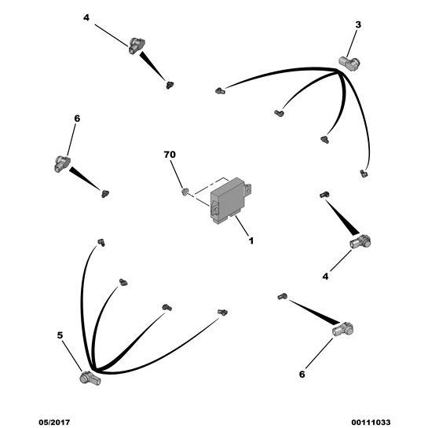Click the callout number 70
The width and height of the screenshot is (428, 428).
click(x=170, y=155)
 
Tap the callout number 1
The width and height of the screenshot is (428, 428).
click(x=251, y=241)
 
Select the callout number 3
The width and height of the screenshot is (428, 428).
click(x=358, y=25)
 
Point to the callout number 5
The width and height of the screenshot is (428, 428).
click(x=60, y=335)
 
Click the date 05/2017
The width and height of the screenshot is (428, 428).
click(x=54, y=423)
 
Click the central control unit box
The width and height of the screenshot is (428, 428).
click(x=230, y=200)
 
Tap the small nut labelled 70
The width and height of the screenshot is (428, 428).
click(x=185, y=192)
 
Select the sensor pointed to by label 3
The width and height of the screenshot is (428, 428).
click(x=349, y=64)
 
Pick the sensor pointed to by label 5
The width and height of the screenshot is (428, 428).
click(x=90, y=379)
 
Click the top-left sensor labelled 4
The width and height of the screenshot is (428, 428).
click(x=136, y=46)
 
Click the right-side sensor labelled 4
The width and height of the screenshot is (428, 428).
click(x=360, y=242)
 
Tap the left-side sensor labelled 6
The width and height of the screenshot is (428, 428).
click(x=62, y=163)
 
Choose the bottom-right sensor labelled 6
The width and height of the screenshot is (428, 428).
click(x=343, y=329)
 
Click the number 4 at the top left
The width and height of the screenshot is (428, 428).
click(x=86, y=18)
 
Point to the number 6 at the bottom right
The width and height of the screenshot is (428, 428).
click(x=302, y=375)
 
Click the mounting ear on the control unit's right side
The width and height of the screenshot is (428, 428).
click(x=247, y=188)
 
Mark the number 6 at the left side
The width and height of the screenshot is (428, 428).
click(x=77, y=119)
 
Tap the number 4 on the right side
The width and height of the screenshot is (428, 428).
click(x=325, y=276)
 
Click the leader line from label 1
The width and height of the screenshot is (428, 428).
click(x=242, y=226)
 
